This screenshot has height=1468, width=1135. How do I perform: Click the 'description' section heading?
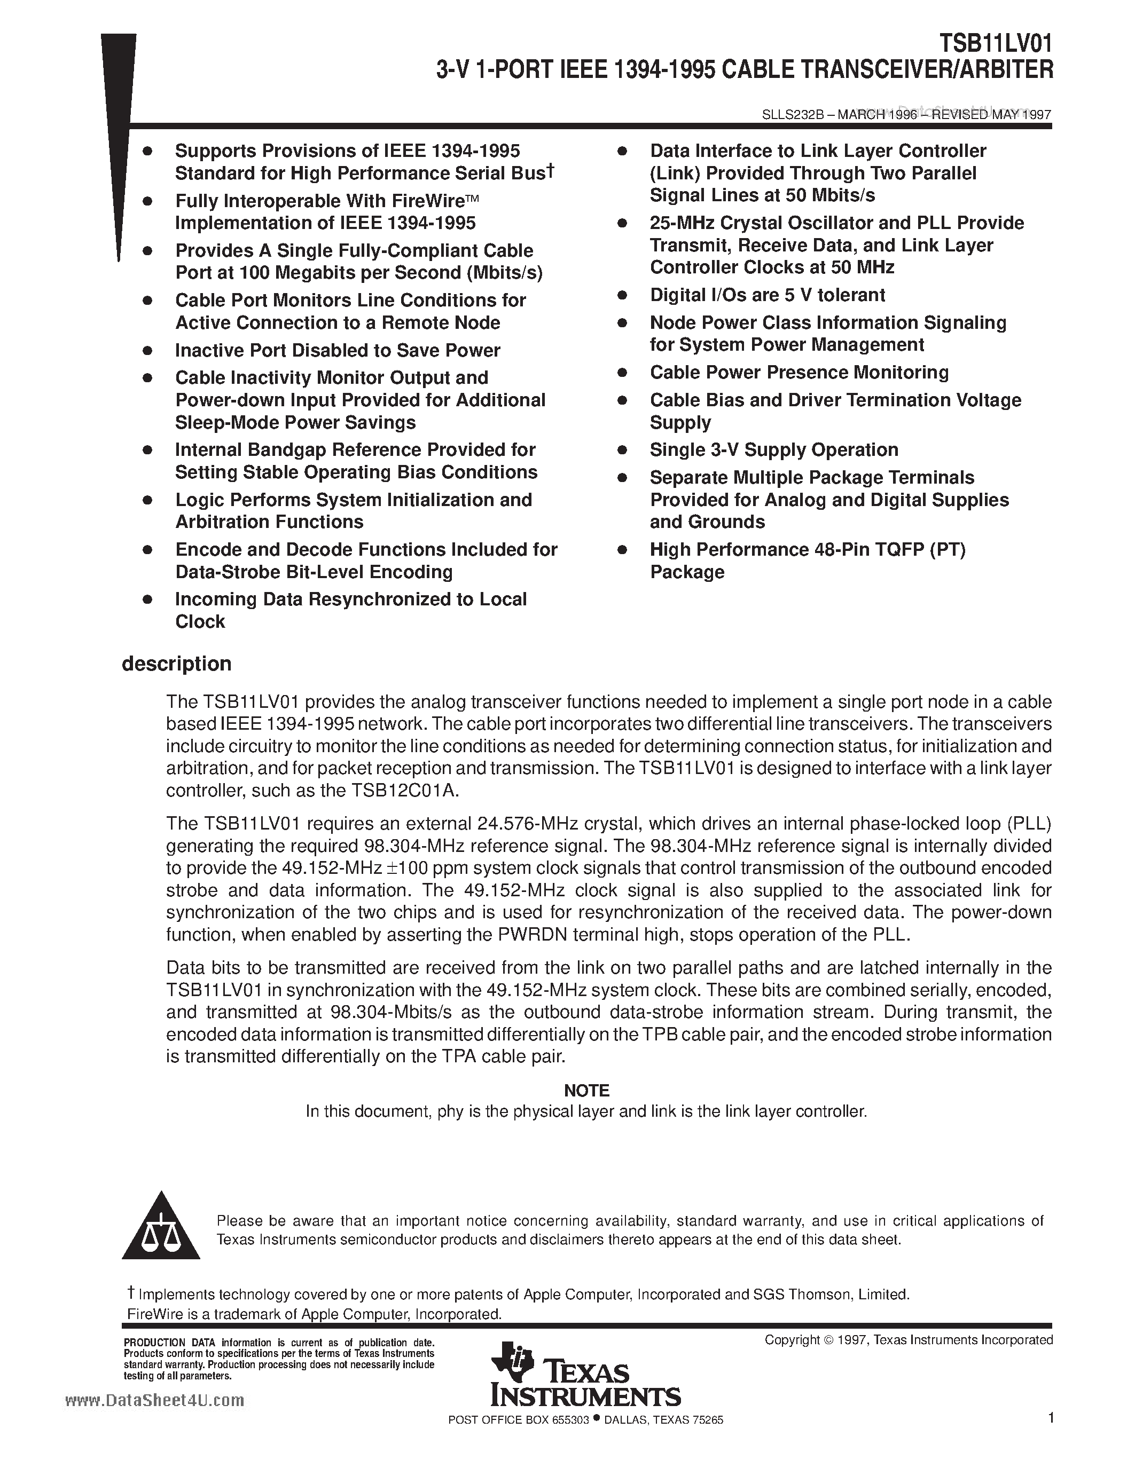point(176,664)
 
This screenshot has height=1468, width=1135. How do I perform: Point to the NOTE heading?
point(586,1090)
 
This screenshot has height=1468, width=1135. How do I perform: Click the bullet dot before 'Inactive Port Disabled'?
point(148,351)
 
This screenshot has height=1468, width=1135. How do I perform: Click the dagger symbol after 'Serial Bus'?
point(550,171)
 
